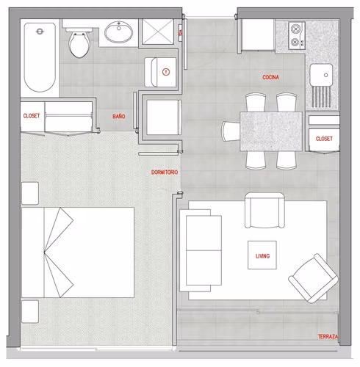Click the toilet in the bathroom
coord(79,43)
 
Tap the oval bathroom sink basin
coord(119,32)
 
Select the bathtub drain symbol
coord(40,32)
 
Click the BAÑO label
coord(119,117)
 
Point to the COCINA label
coord(270,77)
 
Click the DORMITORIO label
coord(165,172)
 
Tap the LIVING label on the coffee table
coord(262,256)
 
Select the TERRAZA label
coord(328,337)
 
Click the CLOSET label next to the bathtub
coord(32,116)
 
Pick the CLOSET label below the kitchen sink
coord(324,139)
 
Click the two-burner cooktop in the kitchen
coord(297,36)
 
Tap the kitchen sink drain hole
coord(325,75)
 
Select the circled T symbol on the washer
coord(166,72)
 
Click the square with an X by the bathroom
coord(158,32)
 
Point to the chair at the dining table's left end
coord(231,131)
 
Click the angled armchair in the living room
coord(314,278)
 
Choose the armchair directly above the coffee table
coord(264,210)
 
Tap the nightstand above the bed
coord(30,193)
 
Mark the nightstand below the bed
coord(30,311)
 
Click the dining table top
coord(271,131)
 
